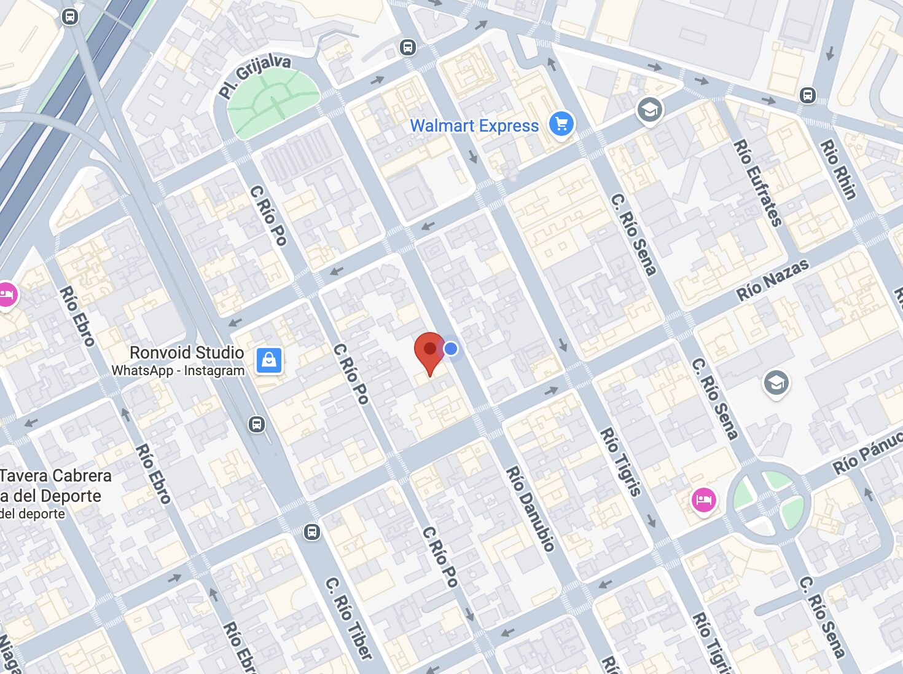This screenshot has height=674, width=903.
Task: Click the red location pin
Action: click(429, 350)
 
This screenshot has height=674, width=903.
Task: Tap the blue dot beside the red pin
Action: click(451, 349)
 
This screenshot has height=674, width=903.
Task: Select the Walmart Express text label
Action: click(474, 125)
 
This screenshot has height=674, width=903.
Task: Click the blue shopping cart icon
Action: click(561, 124)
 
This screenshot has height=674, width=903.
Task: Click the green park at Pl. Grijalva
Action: click(273, 103)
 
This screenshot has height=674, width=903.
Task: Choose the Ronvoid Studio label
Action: click(187, 352)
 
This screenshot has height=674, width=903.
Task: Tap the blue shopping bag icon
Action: click(269, 360)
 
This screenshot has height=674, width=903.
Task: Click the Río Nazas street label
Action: click(772, 280)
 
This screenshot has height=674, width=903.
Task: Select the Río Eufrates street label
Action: click(758, 183)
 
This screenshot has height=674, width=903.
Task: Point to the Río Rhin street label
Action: click(838, 169)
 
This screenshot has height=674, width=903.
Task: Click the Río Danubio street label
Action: click(530, 508)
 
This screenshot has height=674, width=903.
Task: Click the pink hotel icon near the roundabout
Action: click(704, 499)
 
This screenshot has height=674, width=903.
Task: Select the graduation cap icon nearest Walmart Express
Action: click(649, 110)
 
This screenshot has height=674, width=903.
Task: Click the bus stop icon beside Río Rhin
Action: click(808, 95)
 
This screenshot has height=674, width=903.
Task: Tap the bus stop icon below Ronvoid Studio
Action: click(257, 424)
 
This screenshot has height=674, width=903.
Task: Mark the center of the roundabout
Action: click(769, 503)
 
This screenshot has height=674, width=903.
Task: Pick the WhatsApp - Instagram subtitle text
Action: click(178, 370)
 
